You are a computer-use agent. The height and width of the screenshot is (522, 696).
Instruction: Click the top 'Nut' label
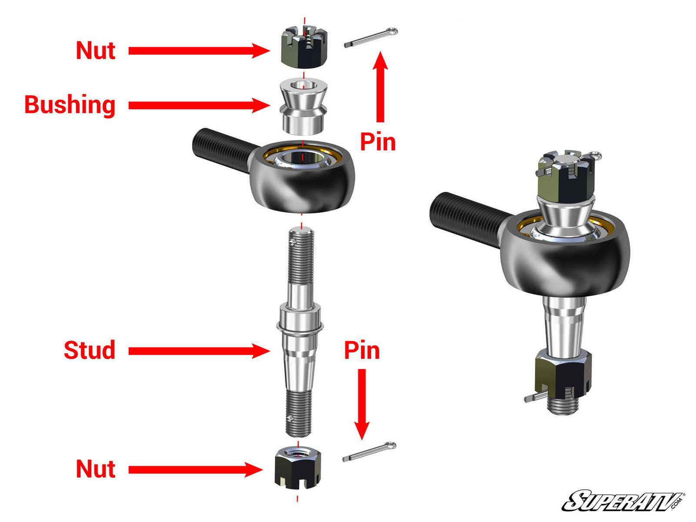(x=95, y=50)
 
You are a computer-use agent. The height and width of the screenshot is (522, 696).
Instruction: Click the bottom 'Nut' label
(x=95, y=469)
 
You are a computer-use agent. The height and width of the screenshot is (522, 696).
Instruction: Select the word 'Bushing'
(x=70, y=105)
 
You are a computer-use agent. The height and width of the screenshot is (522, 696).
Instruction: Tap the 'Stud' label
(x=89, y=350)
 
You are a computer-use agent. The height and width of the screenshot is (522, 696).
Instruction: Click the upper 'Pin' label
(x=378, y=142)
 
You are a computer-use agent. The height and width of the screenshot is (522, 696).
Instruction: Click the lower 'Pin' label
(x=361, y=350)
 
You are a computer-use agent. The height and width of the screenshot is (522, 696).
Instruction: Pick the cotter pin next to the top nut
(x=370, y=38)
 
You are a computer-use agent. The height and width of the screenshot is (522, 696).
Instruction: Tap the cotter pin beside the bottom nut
(x=369, y=452)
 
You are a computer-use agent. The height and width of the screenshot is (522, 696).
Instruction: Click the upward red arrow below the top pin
(x=381, y=87)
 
